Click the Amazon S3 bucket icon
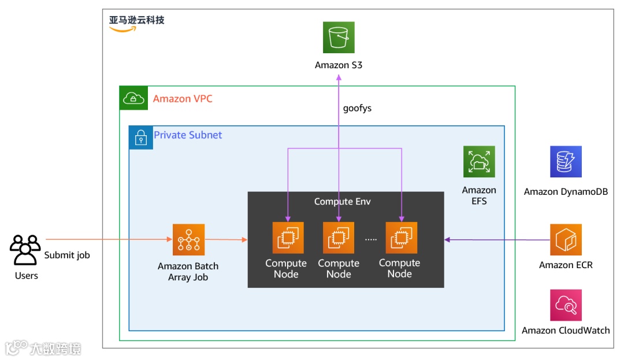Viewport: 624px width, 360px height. click(x=338, y=38)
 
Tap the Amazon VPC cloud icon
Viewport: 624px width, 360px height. click(x=133, y=98)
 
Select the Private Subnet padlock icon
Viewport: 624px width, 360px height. click(x=141, y=138)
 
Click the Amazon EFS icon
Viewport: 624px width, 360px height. click(x=479, y=161)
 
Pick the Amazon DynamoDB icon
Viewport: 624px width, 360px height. click(x=566, y=161)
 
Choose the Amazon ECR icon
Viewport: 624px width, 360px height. click(x=566, y=239)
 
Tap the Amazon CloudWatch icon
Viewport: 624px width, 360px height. click(x=566, y=305)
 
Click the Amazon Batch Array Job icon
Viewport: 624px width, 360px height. click(x=188, y=239)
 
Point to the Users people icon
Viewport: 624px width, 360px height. click(x=25, y=250)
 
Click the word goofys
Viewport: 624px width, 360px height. click(x=357, y=108)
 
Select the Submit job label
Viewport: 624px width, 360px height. click(x=67, y=255)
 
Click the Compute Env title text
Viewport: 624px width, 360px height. click(x=342, y=202)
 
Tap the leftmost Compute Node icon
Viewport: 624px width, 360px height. click(x=288, y=237)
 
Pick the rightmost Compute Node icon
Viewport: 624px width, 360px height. click(x=402, y=237)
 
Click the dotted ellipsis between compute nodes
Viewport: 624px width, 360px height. click(x=371, y=239)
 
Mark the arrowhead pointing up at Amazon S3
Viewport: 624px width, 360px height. click(x=339, y=78)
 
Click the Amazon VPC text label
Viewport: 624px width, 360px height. click(x=183, y=99)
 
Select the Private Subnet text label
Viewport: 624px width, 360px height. click(x=188, y=135)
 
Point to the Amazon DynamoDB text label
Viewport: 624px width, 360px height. click(x=566, y=192)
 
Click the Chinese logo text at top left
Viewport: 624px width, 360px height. click(x=137, y=20)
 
